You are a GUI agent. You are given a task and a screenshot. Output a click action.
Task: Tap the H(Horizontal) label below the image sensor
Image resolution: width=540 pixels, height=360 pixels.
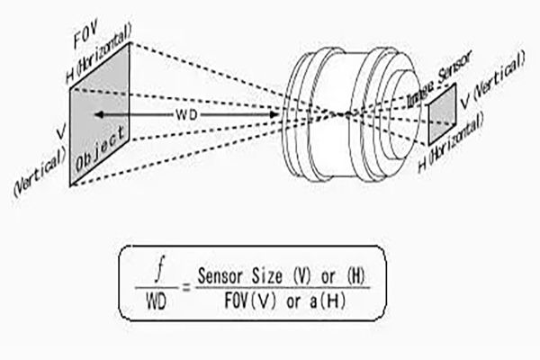pos(454,157)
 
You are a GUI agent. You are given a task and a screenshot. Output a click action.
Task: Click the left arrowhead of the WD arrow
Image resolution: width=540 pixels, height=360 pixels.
pos(94,115)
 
